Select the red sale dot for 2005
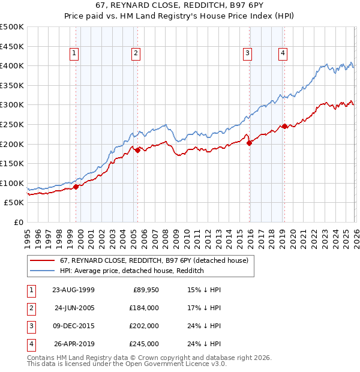click(x=137, y=150)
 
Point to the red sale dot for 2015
click(x=249, y=143)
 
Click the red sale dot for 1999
click(x=76, y=187)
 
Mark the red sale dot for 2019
click(x=284, y=126)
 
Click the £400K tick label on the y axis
click(x=12, y=65)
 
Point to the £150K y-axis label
click(x=12, y=163)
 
